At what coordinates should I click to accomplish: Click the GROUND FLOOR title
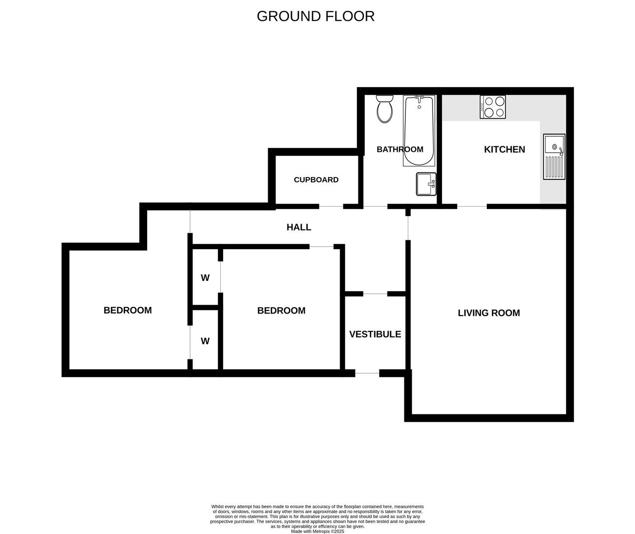click(x=316, y=16)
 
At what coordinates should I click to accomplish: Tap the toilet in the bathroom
click(x=385, y=109)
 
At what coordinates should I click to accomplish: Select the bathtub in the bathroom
click(x=419, y=131)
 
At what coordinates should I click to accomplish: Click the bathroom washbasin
click(x=426, y=184)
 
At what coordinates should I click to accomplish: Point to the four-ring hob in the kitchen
click(x=493, y=107)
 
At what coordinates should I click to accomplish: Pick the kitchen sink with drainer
click(x=554, y=157)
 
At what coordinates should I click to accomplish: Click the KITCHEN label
click(x=505, y=149)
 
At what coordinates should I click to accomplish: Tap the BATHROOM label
click(x=400, y=149)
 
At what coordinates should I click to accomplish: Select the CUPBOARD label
click(x=316, y=179)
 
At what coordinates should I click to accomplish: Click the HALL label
click(x=299, y=227)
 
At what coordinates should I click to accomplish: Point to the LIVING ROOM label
click(x=489, y=313)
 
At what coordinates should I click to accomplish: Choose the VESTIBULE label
click(x=375, y=334)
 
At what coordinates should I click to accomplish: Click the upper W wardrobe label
click(x=205, y=278)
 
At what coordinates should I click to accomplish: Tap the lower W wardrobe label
click(x=205, y=341)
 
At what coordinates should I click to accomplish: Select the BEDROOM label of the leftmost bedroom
click(x=127, y=311)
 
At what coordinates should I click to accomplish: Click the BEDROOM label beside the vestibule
click(x=281, y=311)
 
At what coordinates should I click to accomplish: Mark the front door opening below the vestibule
click(x=367, y=373)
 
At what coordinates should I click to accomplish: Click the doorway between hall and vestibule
click(x=375, y=294)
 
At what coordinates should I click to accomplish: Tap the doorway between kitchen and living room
click(x=472, y=207)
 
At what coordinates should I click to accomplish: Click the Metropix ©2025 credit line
click(x=317, y=532)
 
